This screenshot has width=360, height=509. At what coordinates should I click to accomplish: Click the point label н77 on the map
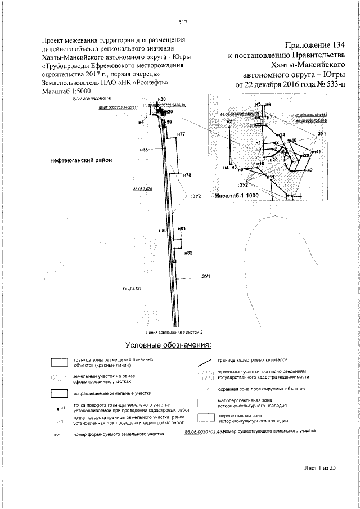point(181,134)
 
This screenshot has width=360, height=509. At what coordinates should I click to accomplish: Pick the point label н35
point(144,150)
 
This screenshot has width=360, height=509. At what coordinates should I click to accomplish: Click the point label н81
point(181,228)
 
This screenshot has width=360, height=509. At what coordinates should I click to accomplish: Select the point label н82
point(188,253)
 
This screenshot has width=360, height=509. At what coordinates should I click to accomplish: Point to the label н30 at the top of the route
point(161,99)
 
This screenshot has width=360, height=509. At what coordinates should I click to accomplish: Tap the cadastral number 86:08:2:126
point(131,288)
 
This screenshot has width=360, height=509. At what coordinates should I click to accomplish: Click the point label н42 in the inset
point(308,169)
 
